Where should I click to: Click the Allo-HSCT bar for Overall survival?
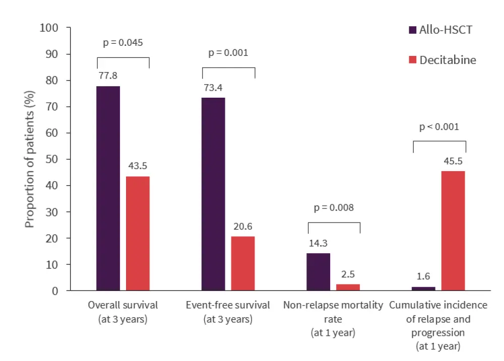[108, 188]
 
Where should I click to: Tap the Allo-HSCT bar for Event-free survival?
[213, 194]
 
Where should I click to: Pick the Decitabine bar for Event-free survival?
[243, 263]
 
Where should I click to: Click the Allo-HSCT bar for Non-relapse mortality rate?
[319, 272]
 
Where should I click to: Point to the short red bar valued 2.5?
[348, 287]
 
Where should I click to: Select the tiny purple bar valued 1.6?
[423, 289]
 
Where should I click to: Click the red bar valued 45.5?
[453, 231]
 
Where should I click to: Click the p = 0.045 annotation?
[123, 43]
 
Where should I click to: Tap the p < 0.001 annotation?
[439, 127]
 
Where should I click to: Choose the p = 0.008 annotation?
[334, 207]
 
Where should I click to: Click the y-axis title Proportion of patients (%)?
[30, 159]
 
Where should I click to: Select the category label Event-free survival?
[228, 305]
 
